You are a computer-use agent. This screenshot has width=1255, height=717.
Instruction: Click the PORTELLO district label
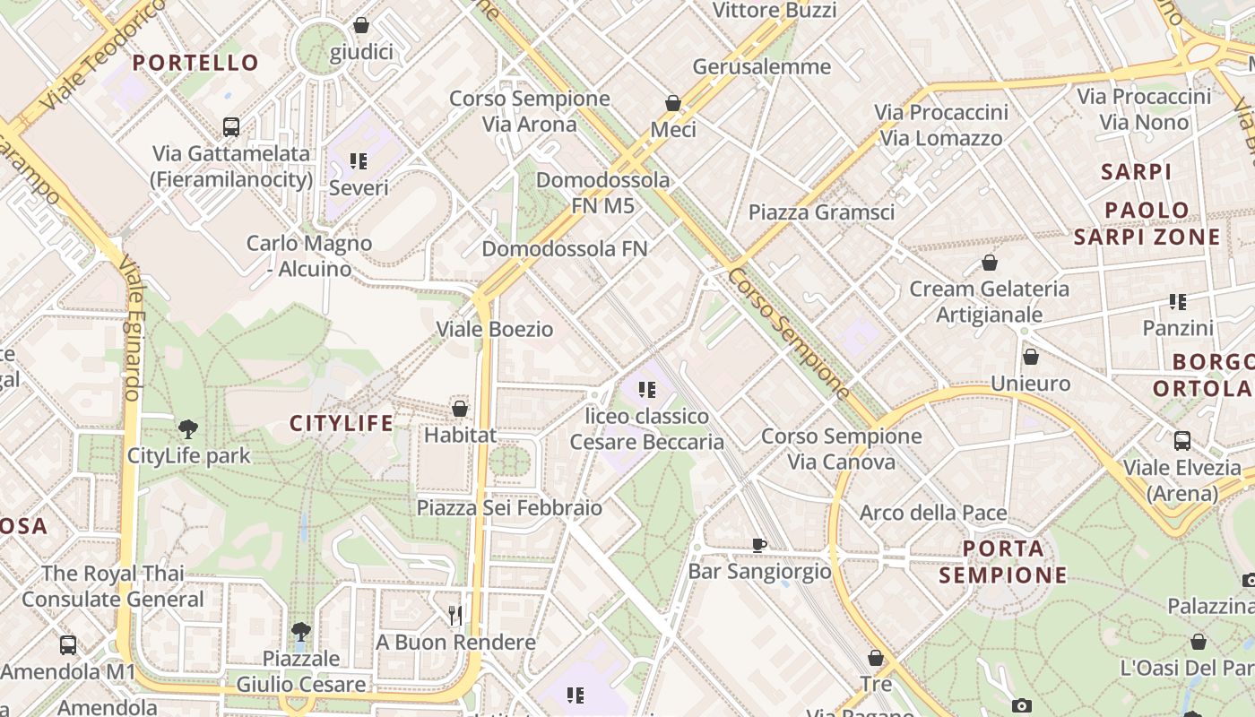[x=195, y=63]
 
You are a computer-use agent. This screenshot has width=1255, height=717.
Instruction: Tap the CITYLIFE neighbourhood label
[x=342, y=423]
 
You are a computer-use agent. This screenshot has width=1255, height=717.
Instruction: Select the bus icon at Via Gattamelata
[x=231, y=127]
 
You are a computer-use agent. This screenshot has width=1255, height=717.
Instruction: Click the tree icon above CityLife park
[x=188, y=429]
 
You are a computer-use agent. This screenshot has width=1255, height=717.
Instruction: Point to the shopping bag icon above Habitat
[x=460, y=409]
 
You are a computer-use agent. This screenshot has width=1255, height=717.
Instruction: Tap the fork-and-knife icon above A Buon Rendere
[x=455, y=615]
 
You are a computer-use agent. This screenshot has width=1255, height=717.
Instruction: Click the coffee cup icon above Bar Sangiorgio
[x=759, y=544]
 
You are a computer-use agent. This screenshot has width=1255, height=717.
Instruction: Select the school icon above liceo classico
[x=646, y=390]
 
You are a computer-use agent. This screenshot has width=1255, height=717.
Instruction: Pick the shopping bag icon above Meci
[x=673, y=103]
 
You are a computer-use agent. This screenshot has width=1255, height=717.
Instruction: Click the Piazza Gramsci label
[x=821, y=212]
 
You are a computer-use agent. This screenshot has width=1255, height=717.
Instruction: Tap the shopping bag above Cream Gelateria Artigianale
[x=990, y=263]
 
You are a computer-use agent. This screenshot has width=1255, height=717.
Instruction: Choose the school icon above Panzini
[x=1177, y=302]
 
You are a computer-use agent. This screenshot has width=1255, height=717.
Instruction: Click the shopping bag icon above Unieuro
[x=1031, y=357]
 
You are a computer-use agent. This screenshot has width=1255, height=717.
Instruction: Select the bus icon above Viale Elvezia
[x=1182, y=441]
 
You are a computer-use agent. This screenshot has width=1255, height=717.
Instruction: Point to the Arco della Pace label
[x=933, y=513]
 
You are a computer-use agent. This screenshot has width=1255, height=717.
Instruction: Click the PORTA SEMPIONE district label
[x=1004, y=561]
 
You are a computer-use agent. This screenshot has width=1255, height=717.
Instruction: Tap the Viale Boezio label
[x=495, y=329]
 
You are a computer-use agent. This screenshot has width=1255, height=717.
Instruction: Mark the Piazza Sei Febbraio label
[x=509, y=508]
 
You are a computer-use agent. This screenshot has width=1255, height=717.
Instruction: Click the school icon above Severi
[x=359, y=161]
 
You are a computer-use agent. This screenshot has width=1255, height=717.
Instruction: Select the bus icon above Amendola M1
[x=68, y=644]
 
